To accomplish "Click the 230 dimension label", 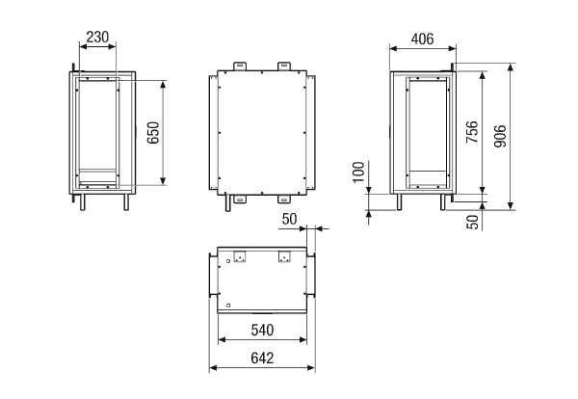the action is click(97, 37).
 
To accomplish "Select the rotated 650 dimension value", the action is click(153, 133).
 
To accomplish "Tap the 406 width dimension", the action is click(423, 39).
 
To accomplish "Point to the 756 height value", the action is click(472, 132).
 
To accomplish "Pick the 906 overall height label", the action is click(500, 137).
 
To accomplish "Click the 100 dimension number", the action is click(358, 172).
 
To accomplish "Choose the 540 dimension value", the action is click(262, 330).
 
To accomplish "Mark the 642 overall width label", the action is click(262, 359).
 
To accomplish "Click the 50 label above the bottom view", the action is click(289, 219).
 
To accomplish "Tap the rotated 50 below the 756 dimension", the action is click(472, 222).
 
